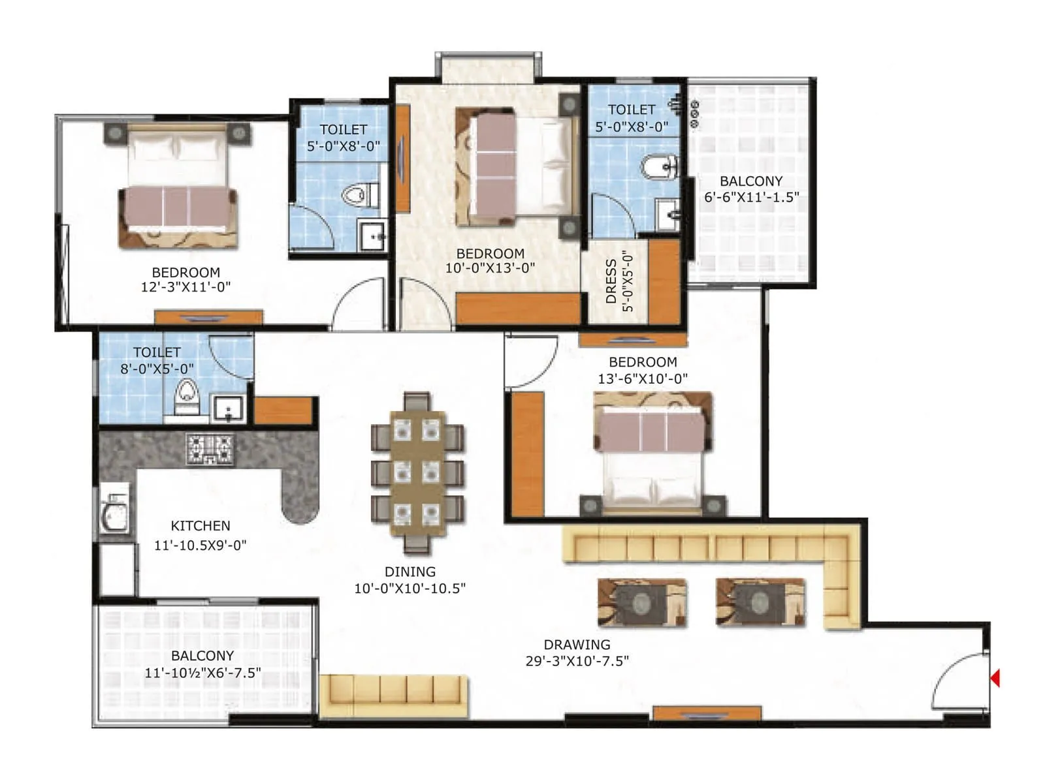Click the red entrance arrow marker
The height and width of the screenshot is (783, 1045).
pos(995,678)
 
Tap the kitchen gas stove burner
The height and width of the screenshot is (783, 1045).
pos(210,449)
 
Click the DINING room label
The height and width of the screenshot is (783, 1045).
pos(410,572)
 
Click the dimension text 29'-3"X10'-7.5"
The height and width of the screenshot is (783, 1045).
pos(577,661)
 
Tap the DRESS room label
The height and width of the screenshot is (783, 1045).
pos(611,281)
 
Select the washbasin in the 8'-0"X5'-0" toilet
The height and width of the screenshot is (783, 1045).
pos(229,408)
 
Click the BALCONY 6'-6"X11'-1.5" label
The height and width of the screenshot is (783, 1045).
pos(751,181)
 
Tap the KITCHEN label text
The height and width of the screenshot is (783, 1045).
pos(201,526)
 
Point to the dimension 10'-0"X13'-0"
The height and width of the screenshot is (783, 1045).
pos(490,268)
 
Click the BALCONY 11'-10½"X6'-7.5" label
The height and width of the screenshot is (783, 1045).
pos(202,656)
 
